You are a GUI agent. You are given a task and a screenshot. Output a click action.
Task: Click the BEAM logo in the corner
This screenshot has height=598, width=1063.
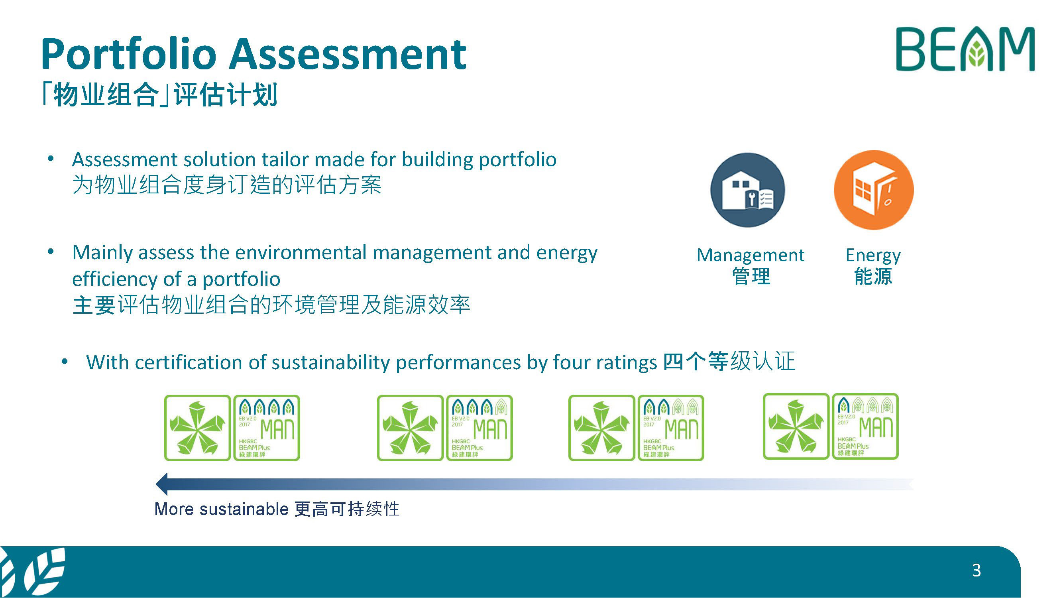pyautogui.click(x=965, y=49)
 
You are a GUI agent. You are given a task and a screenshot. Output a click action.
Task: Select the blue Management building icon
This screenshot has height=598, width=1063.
pyautogui.click(x=747, y=190)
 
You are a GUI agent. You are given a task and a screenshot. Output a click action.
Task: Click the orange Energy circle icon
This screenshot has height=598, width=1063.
pyautogui.click(x=874, y=190)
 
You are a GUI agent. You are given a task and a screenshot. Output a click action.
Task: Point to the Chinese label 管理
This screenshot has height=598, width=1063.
pyautogui.click(x=751, y=276)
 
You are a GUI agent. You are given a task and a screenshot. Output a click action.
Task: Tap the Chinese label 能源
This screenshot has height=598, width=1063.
pyautogui.click(x=873, y=276)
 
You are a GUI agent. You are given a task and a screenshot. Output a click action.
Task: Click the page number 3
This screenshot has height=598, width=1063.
pyautogui.click(x=977, y=570)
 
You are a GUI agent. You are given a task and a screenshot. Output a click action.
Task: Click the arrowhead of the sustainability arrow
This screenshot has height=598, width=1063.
pyautogui.click(x=162, y=484)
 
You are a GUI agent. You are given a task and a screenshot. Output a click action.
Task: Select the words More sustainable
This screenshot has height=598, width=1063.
pyautogui.click(x=222, y=509)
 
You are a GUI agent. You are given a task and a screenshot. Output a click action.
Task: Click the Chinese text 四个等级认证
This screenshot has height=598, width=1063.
pyautogui.click(x=729, y=362)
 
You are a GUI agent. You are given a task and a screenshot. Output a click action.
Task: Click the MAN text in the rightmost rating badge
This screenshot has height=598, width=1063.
pyautogui.click(x=876, y=427)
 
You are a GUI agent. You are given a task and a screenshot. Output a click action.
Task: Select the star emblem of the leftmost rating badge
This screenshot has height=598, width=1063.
pyautogui.click(x=197, y=428)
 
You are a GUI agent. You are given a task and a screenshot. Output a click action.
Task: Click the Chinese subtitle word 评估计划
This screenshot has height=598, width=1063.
pyautogui.click(x=225, y=94)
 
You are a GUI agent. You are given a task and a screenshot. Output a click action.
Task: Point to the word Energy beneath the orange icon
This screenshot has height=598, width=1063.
pyautogui.click(x=873, y=256)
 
